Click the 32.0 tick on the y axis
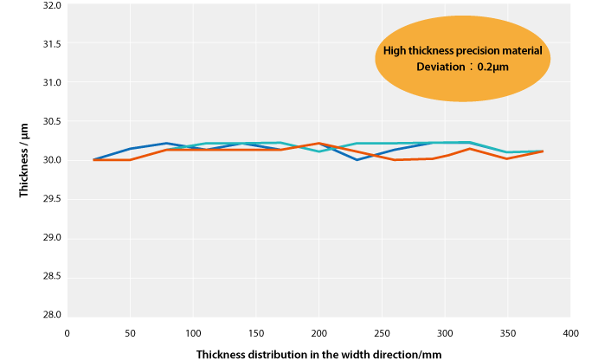tap(51, 5)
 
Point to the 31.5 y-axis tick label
tap(51, 44)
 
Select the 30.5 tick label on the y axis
tap(51, 122)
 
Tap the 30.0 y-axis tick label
tap(51, 161)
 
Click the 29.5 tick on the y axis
tap(51, 199)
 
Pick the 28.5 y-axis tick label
tap(51, 276)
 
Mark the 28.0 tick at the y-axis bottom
tap(51, 315)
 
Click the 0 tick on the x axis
tap(67, 332)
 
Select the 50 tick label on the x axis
tap(130, 332)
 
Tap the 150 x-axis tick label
tap(256, 332)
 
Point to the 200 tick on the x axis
tap(319, 332)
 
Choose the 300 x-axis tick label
tap(446, 332)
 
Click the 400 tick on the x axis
tap(571, 332)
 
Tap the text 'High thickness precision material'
tap(463, 51)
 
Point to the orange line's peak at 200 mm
tap(319, 143)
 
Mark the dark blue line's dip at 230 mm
tap(357, 159)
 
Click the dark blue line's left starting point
tap(93, 159)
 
